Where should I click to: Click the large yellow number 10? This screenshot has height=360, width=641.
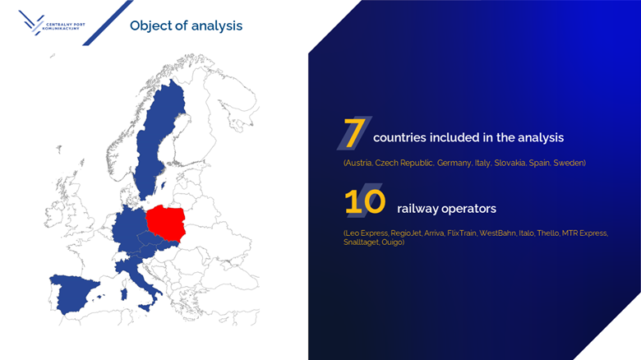tap(365, 202)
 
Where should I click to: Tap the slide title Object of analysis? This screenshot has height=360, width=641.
tap(186, 25)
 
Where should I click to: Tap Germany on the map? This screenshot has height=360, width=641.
tap(127, 226)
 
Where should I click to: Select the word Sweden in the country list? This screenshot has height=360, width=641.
tap(568, 164)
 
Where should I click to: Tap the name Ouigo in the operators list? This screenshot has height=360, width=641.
tap(392, 242)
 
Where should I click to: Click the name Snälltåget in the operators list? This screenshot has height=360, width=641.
tap(362, 242)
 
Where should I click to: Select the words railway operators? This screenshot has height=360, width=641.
tap(446, 209)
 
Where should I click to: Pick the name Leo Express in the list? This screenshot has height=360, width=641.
tap(362, 233)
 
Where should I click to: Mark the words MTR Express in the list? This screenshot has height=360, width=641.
tap(583, 233)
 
